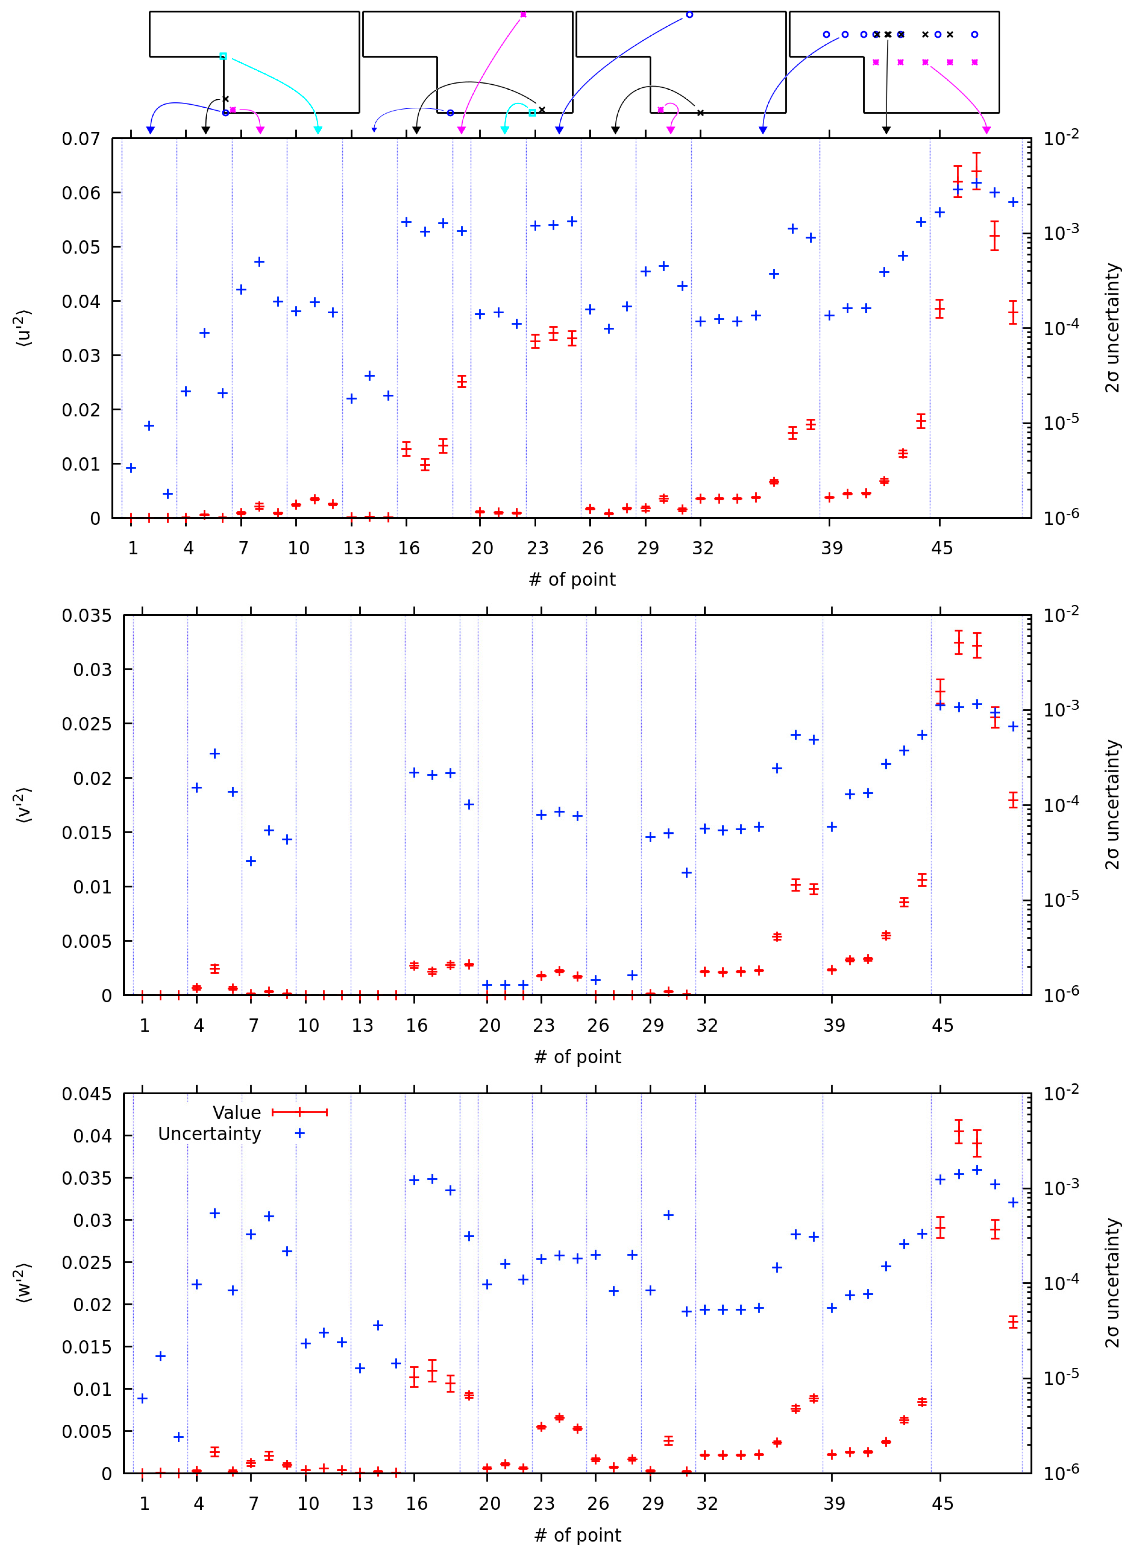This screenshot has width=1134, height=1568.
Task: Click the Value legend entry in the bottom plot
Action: pyautogui.click(x=237, y=1112)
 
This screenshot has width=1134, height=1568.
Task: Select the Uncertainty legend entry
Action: pyautogui.click(x=210, y=1134)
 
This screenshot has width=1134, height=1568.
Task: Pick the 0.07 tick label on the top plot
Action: pyautogui.click(x=81, y=139)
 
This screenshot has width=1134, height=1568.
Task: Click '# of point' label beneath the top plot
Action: pyautogui.click(x=572, y=579)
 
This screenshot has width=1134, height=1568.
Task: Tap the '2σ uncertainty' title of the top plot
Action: pyautogui.click(x=1111, y=328)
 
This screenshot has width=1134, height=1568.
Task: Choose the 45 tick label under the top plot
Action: pyautogui.click(x=942, y=548)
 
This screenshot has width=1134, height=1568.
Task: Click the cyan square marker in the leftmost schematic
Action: pyautogui.click(x=223, y=56)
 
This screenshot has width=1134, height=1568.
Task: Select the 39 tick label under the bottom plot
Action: pyautogui.click(x=834, y=1504)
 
